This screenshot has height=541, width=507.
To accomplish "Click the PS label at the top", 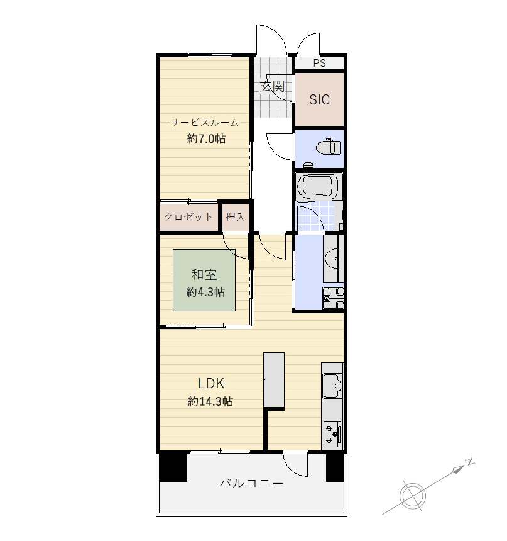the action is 320,63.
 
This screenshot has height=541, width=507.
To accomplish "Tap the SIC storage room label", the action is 320,100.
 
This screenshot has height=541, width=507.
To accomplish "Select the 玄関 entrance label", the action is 272,86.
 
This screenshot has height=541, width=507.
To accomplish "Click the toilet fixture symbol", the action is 329,147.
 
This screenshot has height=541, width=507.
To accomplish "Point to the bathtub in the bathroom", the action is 317,187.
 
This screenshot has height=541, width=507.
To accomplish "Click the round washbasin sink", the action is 332,258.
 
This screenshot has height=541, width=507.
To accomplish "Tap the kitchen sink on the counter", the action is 332,386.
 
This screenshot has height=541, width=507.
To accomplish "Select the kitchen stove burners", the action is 332,434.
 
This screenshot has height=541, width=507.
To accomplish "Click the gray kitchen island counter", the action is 274,380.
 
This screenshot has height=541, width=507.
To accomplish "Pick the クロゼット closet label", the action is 188,217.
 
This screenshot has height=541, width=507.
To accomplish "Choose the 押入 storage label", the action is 236,217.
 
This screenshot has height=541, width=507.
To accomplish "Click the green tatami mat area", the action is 204,280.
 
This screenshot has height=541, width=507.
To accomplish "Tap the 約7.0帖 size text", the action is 207,138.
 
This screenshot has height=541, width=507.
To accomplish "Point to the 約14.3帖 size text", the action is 210,401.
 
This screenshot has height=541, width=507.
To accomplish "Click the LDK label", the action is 211,383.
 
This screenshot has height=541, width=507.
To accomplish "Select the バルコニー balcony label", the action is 251,483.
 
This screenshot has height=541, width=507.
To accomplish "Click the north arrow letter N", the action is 469,462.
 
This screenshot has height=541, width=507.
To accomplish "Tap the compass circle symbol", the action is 413,496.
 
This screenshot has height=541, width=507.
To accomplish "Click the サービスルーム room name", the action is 205,123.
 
